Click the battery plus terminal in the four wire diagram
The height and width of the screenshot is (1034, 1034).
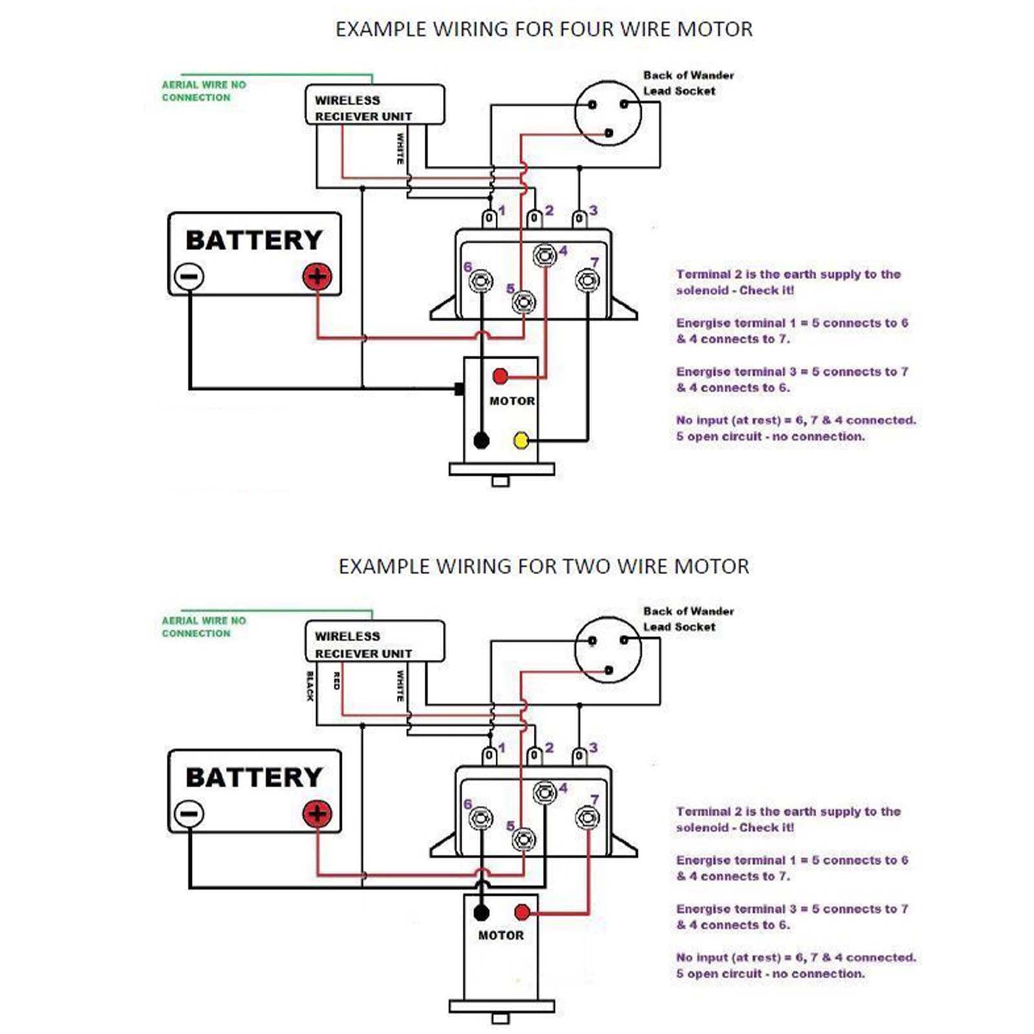(x=317, y=277)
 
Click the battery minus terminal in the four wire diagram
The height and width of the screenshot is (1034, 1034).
(x=189, y=277)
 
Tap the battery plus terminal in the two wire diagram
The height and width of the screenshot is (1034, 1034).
(x=317, y=814)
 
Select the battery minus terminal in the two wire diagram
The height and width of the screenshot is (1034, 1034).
(x=189, y=814)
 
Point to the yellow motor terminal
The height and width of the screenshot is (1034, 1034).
(x=521, y=441)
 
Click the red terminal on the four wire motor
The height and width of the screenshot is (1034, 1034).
(x=500, y=376)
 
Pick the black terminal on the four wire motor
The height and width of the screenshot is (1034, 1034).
(x=481, y=441)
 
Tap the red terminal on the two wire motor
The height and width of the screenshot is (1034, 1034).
(x=522, y=913)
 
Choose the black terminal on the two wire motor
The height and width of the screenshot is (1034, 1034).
(x=481, y=913)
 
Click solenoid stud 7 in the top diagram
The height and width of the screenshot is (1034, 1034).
(x=587, y=280)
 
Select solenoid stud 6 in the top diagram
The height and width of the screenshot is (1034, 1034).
(x=480, y=281)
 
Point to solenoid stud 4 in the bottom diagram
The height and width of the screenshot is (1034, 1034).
(x=545, y=792)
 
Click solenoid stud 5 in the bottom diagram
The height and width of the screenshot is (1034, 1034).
(x=523, y=839)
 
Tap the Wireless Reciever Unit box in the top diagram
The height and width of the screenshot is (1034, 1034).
(x=375, y=104)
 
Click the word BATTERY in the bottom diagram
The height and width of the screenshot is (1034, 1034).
(x=254, y=777)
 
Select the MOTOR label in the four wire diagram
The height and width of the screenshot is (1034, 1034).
(x=512, y=401)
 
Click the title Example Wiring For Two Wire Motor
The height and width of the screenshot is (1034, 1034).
(x=543, y=567)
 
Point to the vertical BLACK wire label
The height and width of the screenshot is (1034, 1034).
(x=310, y=686)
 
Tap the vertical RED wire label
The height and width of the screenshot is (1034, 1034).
(x=336, y=681)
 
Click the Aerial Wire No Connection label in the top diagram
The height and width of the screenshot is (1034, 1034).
(x=204, y=91)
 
